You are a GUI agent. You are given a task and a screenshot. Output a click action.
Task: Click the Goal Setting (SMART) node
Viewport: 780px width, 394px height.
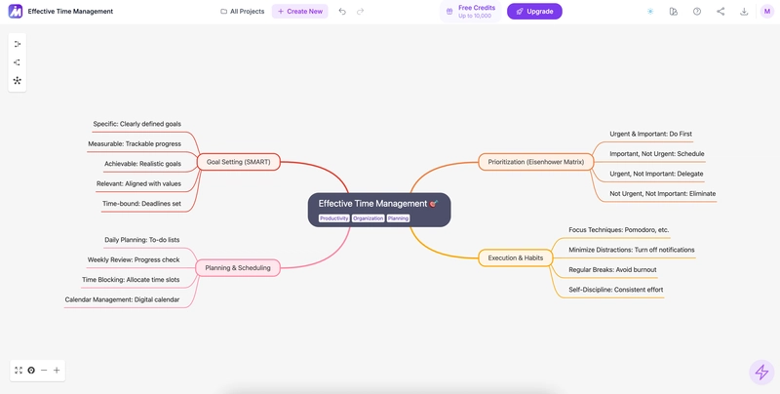point(239,162)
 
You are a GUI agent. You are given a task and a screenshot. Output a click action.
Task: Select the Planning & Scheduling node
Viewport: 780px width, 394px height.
point(238,267)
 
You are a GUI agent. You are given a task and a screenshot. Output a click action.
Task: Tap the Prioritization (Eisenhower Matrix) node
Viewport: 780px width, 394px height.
point(535,162)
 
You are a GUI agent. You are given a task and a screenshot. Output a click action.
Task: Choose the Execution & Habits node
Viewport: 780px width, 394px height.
point(516,257)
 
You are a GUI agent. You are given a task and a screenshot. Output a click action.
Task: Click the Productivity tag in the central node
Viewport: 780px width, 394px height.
point(334,218)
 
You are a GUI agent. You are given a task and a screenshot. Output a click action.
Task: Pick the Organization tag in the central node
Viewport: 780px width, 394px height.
point(369,218)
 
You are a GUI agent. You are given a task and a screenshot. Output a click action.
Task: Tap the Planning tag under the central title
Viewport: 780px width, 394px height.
point(398,218)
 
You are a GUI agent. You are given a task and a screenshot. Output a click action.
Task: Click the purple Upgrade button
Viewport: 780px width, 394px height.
point(534,12)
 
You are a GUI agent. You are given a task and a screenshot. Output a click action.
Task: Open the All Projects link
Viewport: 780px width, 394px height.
point(242,12)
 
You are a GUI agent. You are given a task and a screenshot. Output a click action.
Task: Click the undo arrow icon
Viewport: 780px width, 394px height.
point(342,12)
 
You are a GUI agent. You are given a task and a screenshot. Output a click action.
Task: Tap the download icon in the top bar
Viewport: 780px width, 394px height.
point(744,12)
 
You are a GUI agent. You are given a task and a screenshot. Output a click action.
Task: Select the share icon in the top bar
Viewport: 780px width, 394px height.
point(721,12)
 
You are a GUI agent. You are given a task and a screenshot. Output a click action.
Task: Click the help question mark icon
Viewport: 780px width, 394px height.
point(697,12)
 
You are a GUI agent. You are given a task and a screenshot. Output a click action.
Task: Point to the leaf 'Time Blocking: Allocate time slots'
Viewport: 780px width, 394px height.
point(131,280)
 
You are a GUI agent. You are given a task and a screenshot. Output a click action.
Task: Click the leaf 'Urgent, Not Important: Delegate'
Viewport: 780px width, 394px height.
point(656,174)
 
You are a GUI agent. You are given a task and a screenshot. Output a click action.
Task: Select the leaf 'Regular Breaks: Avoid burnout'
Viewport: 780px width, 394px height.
point(612,269)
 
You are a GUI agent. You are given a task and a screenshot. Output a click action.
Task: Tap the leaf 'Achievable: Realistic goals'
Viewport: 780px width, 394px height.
point(142,164)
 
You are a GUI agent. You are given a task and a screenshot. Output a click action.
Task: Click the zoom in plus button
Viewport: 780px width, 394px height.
point(57,371)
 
